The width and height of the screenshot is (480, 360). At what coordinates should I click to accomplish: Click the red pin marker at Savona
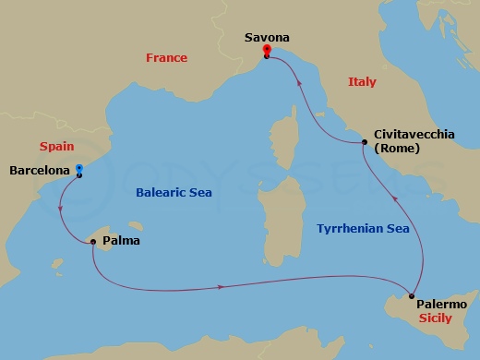tap(266, 50)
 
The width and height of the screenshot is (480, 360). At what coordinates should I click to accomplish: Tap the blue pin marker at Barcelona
tap(79, 170)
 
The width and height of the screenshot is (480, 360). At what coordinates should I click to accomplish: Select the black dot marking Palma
tap(93, 242)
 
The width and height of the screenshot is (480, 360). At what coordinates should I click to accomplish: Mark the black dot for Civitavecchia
tap(365, 142)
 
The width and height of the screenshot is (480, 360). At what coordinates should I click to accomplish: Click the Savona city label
tap(266, 37)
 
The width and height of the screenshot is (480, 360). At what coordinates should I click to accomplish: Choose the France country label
tap(166, 58)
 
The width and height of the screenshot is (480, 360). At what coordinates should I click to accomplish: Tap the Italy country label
tap(362, 82)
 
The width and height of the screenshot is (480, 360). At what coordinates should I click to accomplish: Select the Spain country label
tap(55, 147)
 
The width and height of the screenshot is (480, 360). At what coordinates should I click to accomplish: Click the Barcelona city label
tap(39, 170)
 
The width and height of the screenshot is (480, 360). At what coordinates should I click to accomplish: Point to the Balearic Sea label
tap(174, 193)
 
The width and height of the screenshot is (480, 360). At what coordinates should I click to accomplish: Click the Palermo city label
tap(441, 304)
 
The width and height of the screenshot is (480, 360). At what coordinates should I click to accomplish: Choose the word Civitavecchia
tap(414, 135)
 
